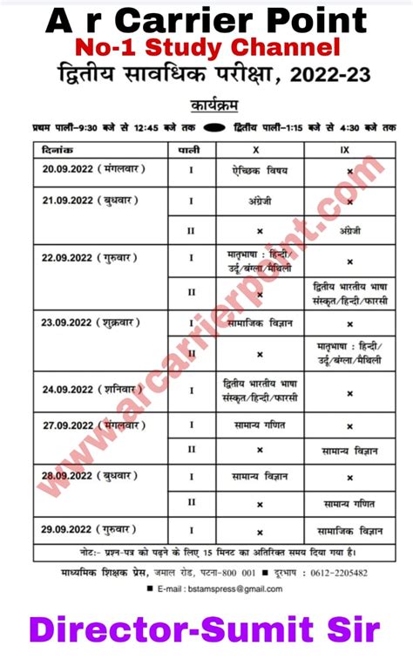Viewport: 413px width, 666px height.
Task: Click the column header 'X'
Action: (x=259, y=150)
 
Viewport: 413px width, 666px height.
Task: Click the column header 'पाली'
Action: (x=192, y=150)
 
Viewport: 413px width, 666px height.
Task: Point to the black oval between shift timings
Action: (x=219, y=127)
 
